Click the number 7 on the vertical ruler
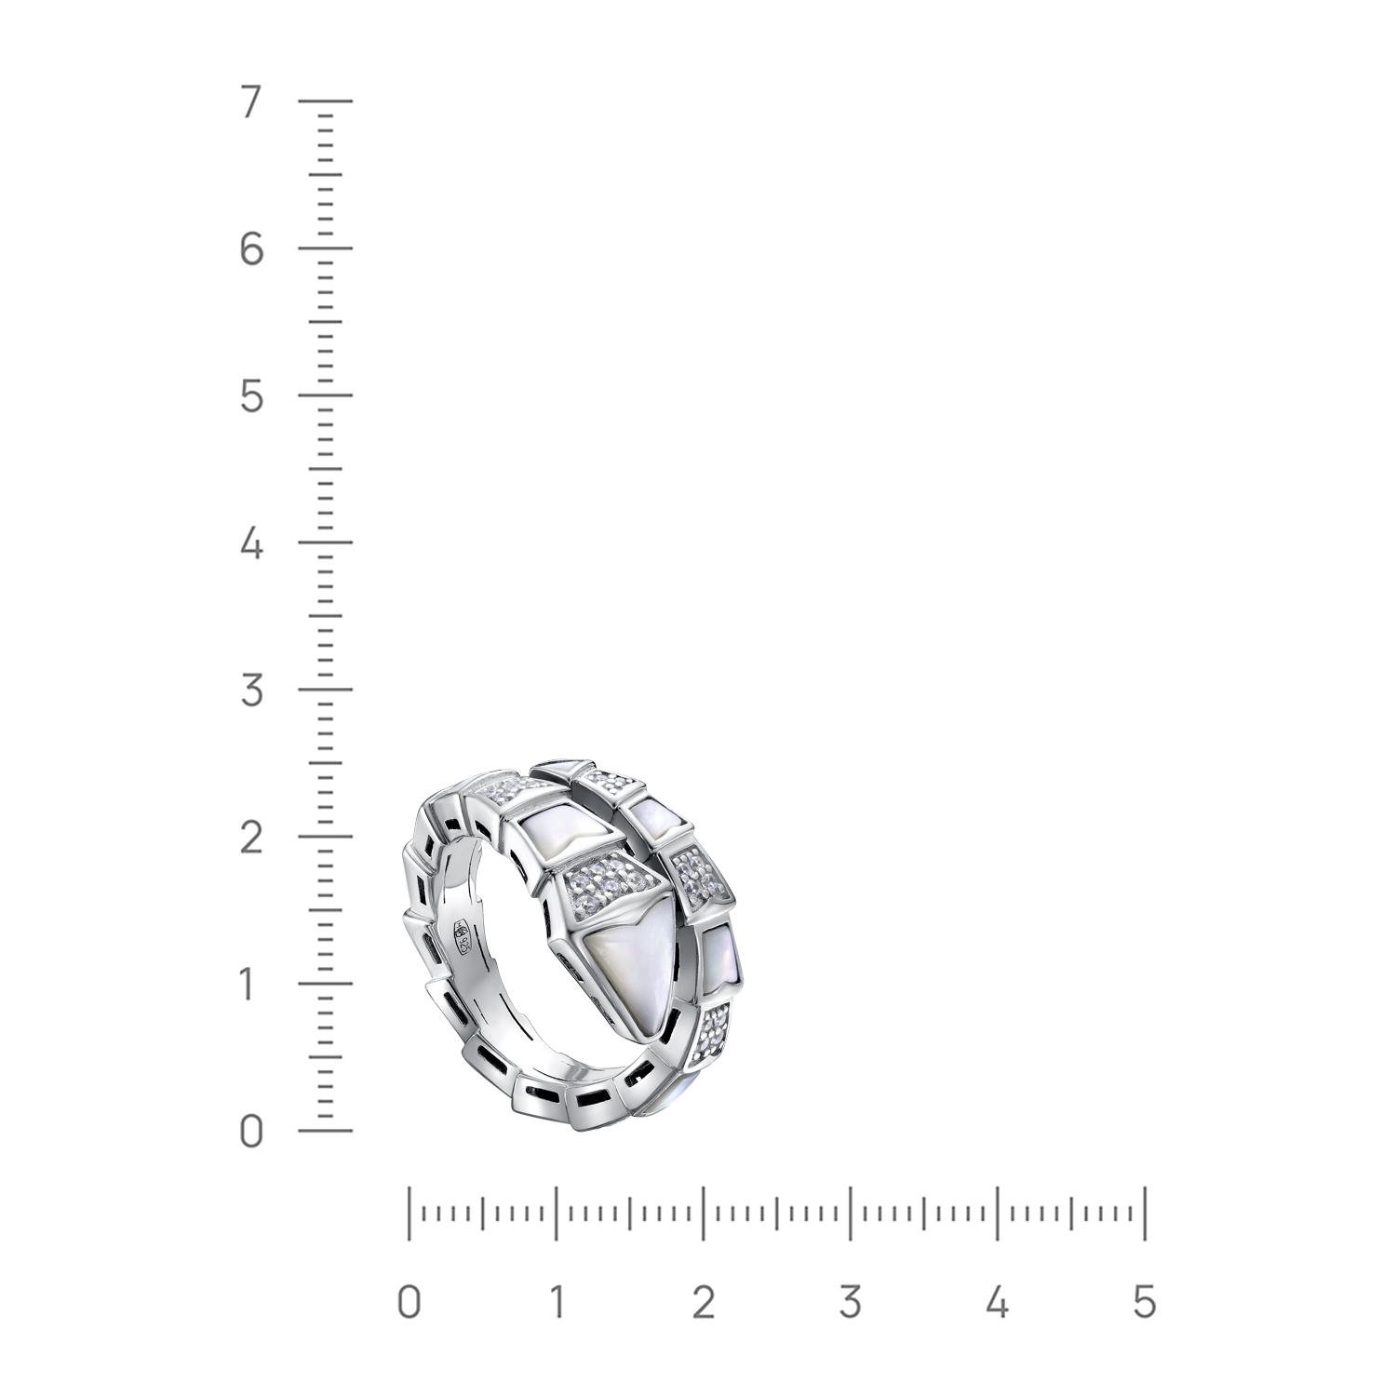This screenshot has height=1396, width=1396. point(250,101)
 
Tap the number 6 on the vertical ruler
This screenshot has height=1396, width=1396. point(251,248)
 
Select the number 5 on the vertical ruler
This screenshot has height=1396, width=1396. point(251,396)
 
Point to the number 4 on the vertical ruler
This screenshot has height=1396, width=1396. point(251,544)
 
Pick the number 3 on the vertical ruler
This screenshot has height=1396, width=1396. point(251,691)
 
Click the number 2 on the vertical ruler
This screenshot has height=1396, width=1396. point(251,838)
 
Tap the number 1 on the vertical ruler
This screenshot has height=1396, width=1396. point(248,985)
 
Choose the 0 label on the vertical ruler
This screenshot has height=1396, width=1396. point(251,1132)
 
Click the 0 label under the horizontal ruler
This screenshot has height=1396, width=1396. point(409,1302)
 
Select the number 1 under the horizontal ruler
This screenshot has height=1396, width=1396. point(556,1302)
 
